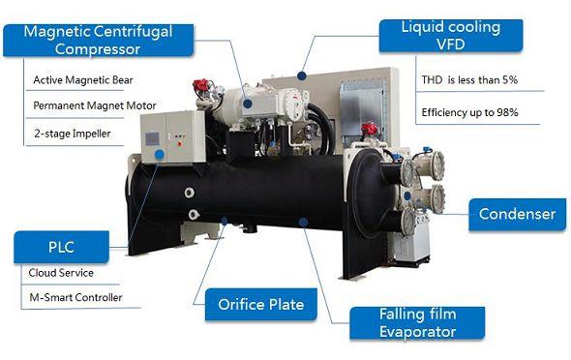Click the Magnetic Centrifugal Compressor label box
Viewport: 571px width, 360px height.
click(99, 41)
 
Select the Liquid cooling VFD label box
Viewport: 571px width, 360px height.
click(451, 36)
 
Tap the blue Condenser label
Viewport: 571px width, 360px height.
click(517, 215)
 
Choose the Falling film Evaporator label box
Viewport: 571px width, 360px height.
click(417, 323)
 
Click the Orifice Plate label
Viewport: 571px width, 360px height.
click(261, 304)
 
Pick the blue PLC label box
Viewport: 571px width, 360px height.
click(61, 247)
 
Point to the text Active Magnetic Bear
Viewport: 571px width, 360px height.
click(83, 80)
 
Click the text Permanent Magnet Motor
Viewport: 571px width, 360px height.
click(95, 105)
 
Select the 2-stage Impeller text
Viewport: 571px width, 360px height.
click(73, 134)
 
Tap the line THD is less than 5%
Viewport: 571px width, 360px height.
click(469, 79)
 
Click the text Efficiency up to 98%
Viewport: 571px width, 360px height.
click(469, 112)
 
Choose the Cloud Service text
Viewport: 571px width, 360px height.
click(61, 273)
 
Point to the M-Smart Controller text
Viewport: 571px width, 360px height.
click(75, 297)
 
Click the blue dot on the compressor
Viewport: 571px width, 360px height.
click(248, 104)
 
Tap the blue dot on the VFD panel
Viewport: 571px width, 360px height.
click(301, 75)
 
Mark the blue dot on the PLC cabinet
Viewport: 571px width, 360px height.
click(160, 155)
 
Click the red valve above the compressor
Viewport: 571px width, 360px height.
click(200, 85)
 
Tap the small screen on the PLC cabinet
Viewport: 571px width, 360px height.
click(152, 139)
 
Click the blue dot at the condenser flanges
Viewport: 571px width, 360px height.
click(407, 196)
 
